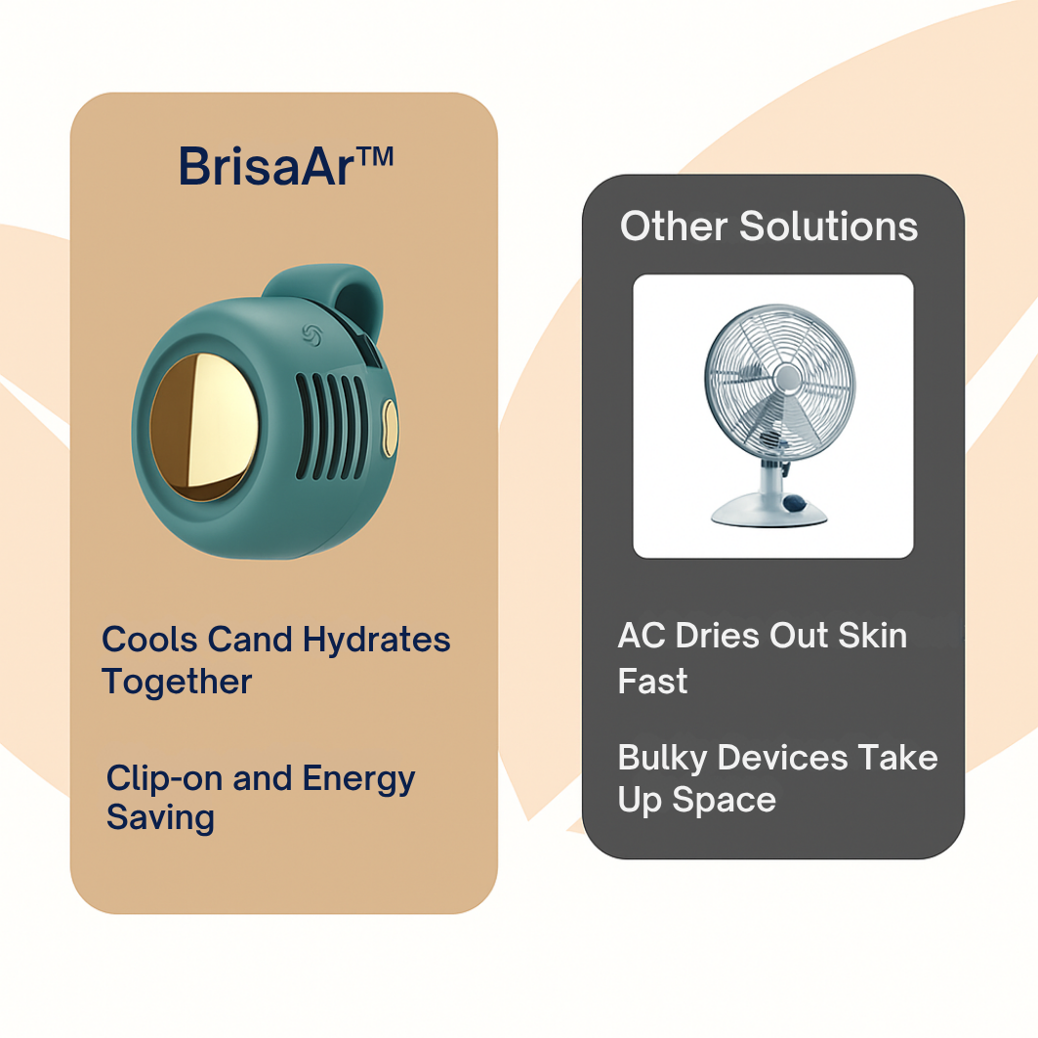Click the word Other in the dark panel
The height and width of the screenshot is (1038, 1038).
(673, 227)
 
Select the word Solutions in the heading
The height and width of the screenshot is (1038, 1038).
(829, 227)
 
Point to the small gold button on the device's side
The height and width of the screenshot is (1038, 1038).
(389, 428)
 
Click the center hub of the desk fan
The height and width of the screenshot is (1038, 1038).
(786, 377)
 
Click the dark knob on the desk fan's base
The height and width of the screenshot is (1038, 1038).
(797, 504)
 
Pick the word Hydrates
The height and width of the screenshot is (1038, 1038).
(377, 640)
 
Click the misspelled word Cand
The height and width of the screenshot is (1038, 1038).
(250, 640)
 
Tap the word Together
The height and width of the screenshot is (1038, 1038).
(177, 682)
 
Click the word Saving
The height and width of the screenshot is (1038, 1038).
(160, 817)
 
